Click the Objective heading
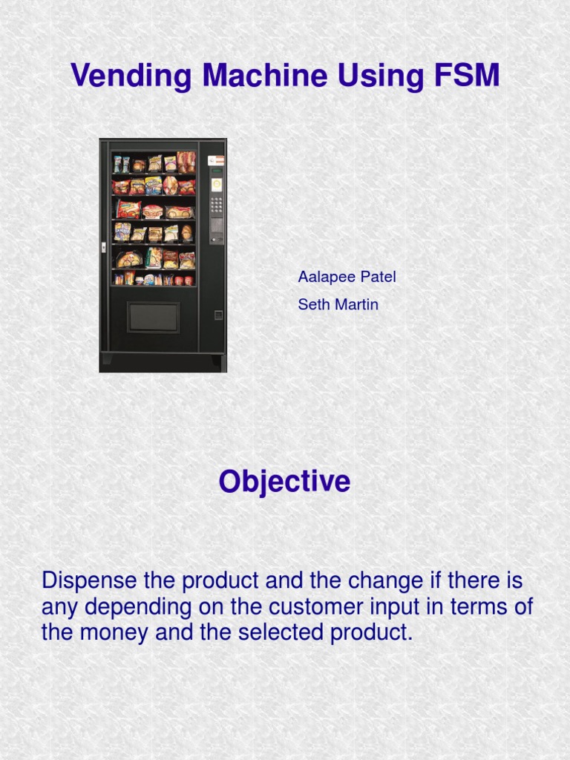coord(284,482)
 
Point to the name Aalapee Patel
coord(347,277)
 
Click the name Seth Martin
coord(338,304)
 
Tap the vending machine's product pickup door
coord(153,317)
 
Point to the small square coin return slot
coord(218,315)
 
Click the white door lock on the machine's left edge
coord(103,247)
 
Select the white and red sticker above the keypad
coord(216,160)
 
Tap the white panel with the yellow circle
coord(217,185)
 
